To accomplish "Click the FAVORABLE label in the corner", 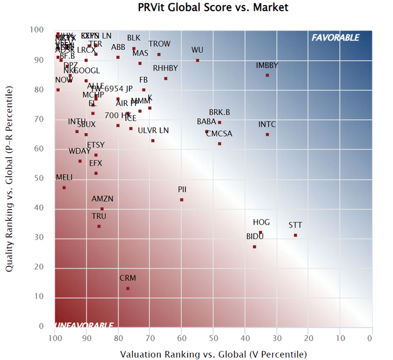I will [335, 37].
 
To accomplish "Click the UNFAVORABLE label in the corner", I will [84, 324].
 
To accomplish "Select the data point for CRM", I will [128, 288].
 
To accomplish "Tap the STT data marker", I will [295, 235].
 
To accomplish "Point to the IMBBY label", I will [267, 66].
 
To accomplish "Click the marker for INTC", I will [267, 134].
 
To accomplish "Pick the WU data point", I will [197, 60].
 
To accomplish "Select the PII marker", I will [182, 199].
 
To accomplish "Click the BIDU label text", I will [255, 236].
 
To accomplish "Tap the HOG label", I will [261, 222].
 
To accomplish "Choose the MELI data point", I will [64, 188].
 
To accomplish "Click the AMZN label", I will [103, 199].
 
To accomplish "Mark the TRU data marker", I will [99, 226].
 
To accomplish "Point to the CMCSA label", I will [219, 133].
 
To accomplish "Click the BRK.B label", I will [219, 112].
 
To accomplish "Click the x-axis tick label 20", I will [308, 338].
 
